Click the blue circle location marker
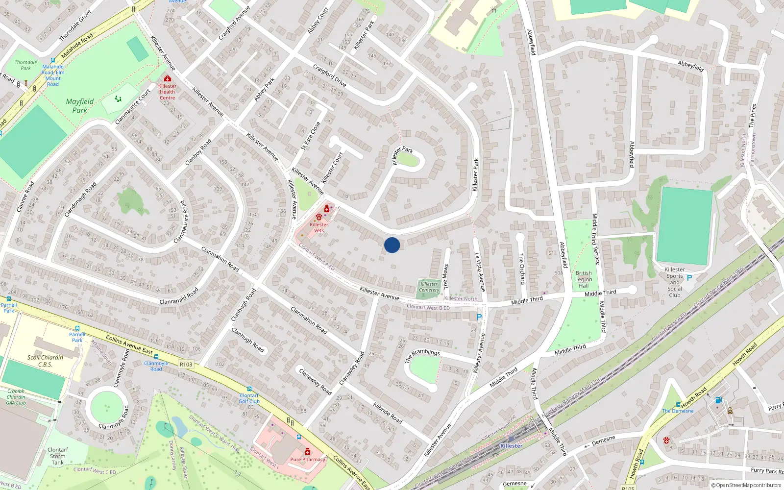392,245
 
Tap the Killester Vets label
319,227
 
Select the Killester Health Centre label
167,92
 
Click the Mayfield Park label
79,106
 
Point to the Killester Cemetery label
429,287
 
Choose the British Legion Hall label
584,279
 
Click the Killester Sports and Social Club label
675,282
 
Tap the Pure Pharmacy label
308,460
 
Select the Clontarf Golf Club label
249,398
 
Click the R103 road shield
186,365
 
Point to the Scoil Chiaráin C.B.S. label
45,361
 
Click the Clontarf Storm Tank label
58,456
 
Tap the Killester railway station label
511,446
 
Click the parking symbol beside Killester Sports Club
689,278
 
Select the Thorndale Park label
25,65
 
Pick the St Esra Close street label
311,136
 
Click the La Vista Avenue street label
480,272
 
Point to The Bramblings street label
422,355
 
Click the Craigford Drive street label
329,76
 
